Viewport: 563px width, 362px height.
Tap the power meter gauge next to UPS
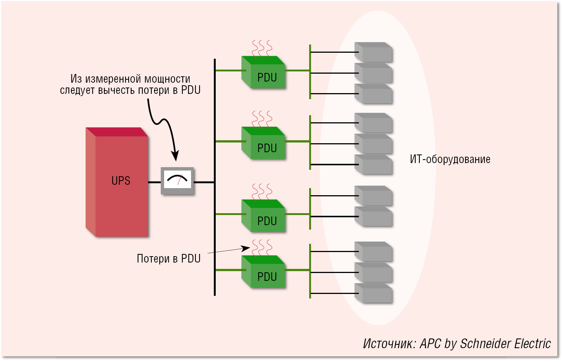pos(178,180)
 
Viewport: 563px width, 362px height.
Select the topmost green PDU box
pos(264,73)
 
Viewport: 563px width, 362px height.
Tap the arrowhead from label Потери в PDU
pos(246,248)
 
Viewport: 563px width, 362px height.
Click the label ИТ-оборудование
pos(450,159)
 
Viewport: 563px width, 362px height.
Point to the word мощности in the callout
pos(167,79)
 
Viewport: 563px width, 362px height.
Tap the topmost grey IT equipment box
pos(373,52)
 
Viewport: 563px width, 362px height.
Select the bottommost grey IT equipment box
pos(373,293)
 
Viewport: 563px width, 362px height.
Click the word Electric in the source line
pos(532,344)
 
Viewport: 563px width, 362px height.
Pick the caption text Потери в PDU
pos(169,259)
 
